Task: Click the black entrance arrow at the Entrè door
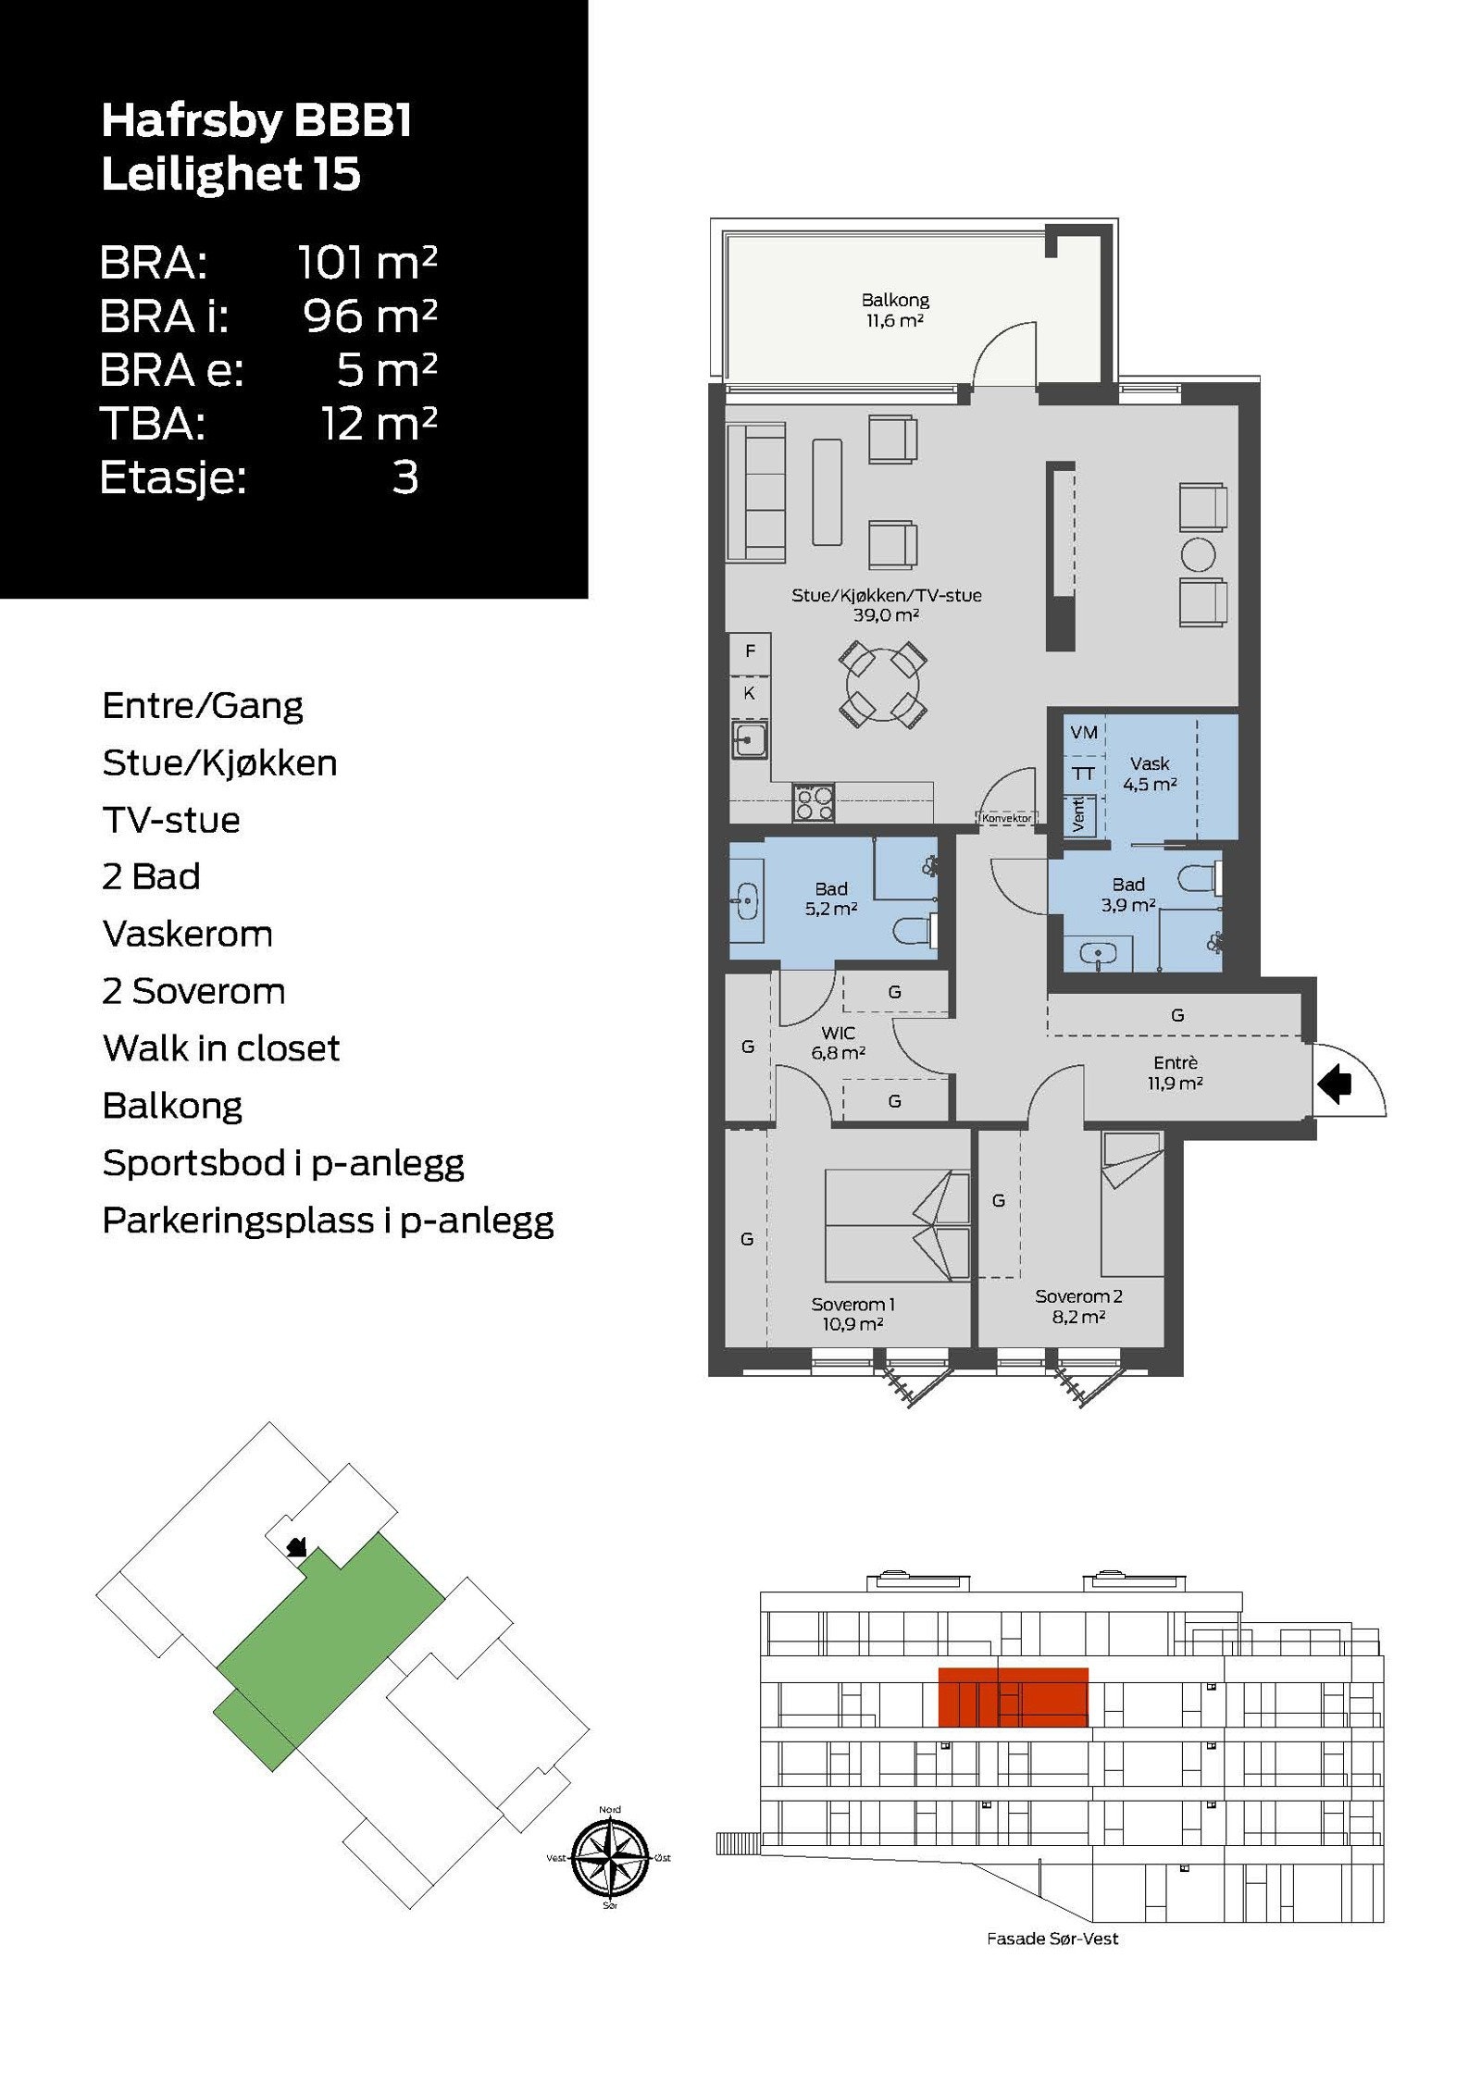click(x=1335, y=1084)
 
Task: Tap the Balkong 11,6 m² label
click(x=894, y=310)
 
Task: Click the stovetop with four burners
click(x=814, y=801)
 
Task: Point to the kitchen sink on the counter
click(x=750, y=739)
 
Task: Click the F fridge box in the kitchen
click(x=750, y=651)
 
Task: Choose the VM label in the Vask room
click(x=1083, y=732)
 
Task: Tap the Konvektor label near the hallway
click(x=1006, y=818)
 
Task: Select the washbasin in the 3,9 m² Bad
click(x=1098, y=953)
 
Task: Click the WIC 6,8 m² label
click(x=838, y=1042)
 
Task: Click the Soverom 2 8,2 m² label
click(x=1078, y=1306)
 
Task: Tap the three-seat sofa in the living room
click(x=755, y=491)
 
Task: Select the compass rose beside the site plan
click(x=609, y=1857)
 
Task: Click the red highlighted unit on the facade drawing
click(x=1013, y=1697)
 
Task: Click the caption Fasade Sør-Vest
click(x=1052, y=1939)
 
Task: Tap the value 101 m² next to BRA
click(x=367, y=263)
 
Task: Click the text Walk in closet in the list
click(x=221, y=1048)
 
